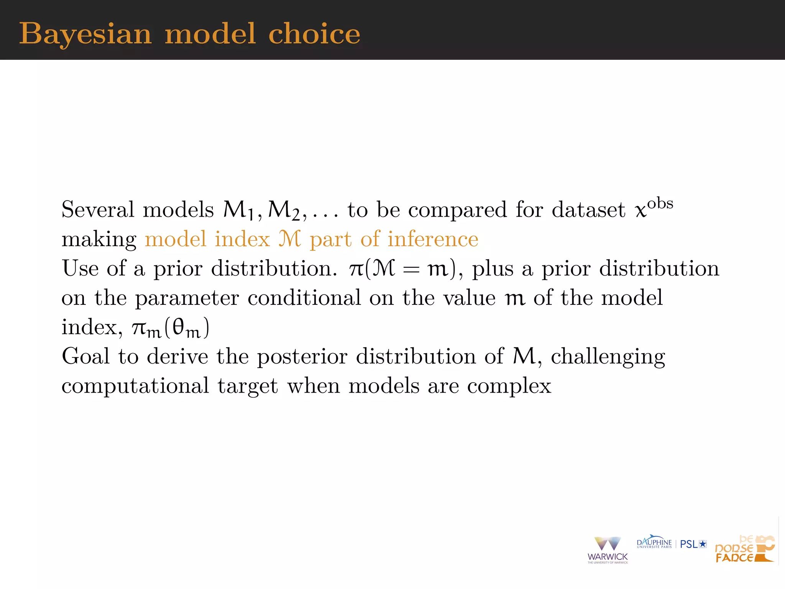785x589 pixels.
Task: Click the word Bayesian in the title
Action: pos(85,34)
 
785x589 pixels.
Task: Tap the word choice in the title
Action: pos(314,34)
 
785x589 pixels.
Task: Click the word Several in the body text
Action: pos(98,210)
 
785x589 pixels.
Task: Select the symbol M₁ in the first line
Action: pos(238,211)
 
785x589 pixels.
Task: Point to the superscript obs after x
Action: pos(660,203)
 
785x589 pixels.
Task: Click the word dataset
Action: pos(588,210)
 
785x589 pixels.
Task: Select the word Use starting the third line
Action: pos(80,268)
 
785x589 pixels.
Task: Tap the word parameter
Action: pos(187,298)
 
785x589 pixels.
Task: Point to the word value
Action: pos(469,298)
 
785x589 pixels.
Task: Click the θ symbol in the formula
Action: pos(179,327)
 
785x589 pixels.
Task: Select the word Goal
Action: pos(86,356)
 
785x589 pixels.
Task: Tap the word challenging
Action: pos(608,357)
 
